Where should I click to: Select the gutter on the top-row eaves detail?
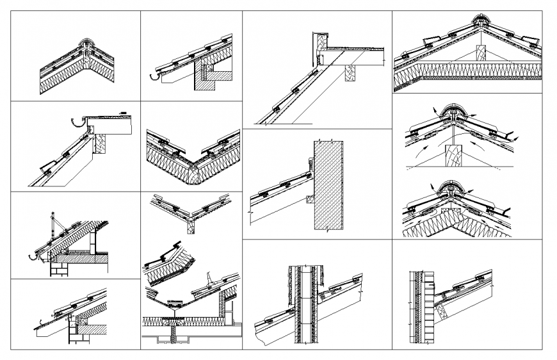coord(154,76)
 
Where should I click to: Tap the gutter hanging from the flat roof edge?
coord(77,122)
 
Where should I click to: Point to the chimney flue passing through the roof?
coord(304,301)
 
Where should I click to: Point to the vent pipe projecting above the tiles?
coord(209,281)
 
